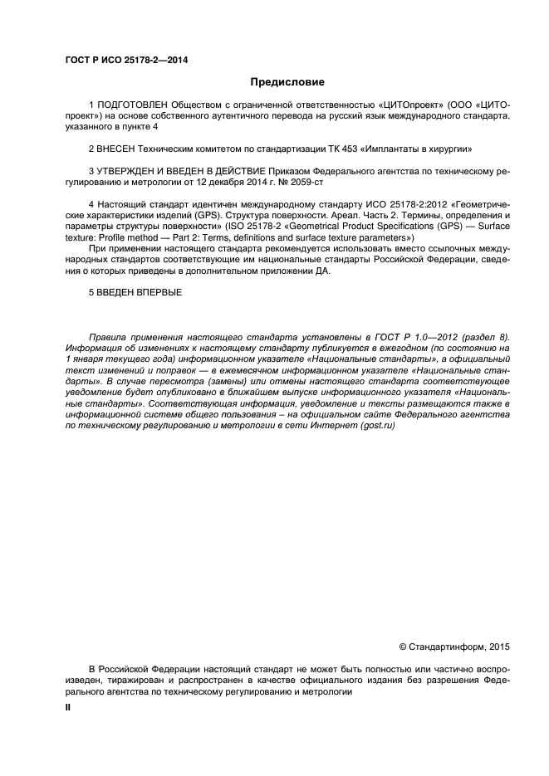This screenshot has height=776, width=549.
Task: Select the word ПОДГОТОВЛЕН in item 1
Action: tap(132, 106)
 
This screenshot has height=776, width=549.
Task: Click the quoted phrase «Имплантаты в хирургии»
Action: tap(412, 149)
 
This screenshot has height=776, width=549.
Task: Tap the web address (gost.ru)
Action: tap(375, 423)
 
